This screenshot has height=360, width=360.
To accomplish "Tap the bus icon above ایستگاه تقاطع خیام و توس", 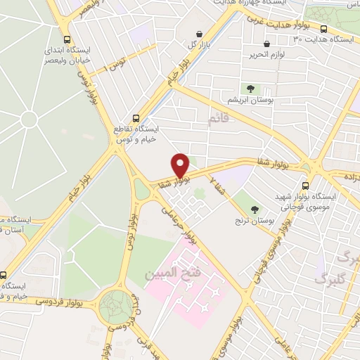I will (x=136, y=119).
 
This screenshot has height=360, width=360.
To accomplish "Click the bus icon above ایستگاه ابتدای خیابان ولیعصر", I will (x=67, y=40).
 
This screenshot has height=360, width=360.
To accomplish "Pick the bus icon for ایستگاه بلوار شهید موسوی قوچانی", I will (x=305, y=186).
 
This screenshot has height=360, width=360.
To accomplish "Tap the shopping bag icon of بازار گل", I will (x=200, y=33).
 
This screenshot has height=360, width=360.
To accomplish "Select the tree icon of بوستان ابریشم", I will (x=250, y=88).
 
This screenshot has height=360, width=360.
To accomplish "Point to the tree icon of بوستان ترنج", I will (x=255, y=210).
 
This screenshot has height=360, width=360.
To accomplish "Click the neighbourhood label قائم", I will (x=219, y=119).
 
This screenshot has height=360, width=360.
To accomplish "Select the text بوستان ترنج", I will (x=255, y=221).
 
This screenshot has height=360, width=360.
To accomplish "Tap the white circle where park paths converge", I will (x=29, y=120).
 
